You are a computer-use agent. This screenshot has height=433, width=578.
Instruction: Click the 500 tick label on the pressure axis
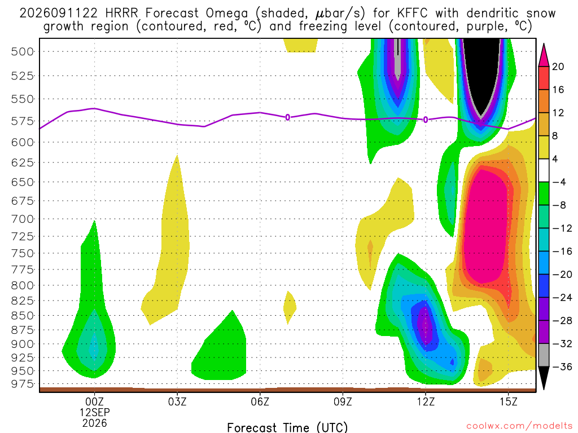pyautogui.click(x=22, y=51)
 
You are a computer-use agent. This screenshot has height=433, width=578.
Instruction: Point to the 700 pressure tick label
pyautogui.click(x=22, y=219)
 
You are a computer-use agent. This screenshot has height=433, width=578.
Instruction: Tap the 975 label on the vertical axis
pyautogui.click(x=22, y=384)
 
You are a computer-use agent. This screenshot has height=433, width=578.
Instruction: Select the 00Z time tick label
pyautogui.click(x=95, y=401)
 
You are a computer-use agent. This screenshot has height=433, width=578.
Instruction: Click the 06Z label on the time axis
pyautogui.click(x=260, y=401)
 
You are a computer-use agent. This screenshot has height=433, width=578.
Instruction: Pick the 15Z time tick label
pyautogui.click(x=509, y=401)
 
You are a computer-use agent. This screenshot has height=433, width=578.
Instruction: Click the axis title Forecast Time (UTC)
pyautogui.click(x=287, y=427)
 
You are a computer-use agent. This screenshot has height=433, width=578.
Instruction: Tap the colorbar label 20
pyautogui.click(x=558, y=67)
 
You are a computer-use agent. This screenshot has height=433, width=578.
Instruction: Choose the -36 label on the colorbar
pyautogui.click(x=562, y=366)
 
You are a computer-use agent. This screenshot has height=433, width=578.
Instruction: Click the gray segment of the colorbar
pyautogui.click(x=544, y=355)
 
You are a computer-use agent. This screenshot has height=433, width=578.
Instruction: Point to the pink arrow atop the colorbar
pyautogui.click(x=544, y=55)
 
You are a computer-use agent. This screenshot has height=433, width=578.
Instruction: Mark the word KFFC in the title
pyautogui.click(x=413, y=14)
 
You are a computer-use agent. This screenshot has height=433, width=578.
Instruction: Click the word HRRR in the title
pyautogui.click(x=121, y=14)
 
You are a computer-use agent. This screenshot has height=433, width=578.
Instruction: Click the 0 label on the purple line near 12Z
pyautogui.click(x=426, y=120)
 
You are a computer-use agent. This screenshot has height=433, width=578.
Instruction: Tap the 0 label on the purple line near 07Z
pyautogui.click(x=287, y=117)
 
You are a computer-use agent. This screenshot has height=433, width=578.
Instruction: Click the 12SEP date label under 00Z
pyautogui.click(x=95, y=412)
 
